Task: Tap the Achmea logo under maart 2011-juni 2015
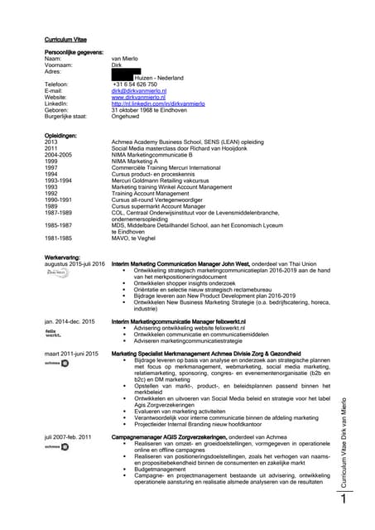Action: (56, 362)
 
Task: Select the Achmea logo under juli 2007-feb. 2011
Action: (56, 446)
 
